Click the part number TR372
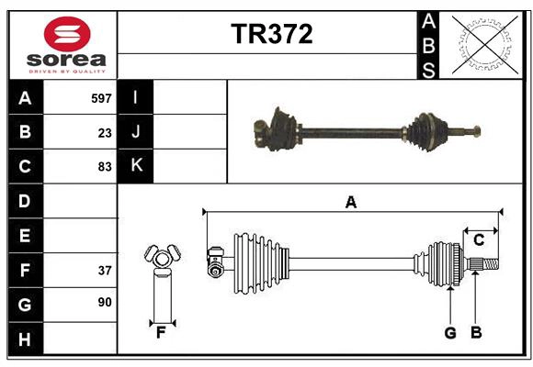[271, 34]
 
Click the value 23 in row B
[105, 132]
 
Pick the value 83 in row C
[105, 167]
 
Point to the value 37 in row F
[105, 270]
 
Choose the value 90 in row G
[105, 302]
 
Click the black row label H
[25, 339]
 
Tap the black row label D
[25, 201]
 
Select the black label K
[136, 166]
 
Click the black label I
[136, 97]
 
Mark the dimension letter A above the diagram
[350, 202]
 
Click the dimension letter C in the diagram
[479, 240]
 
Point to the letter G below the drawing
[450, 333]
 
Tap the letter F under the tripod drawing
[160, 333]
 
